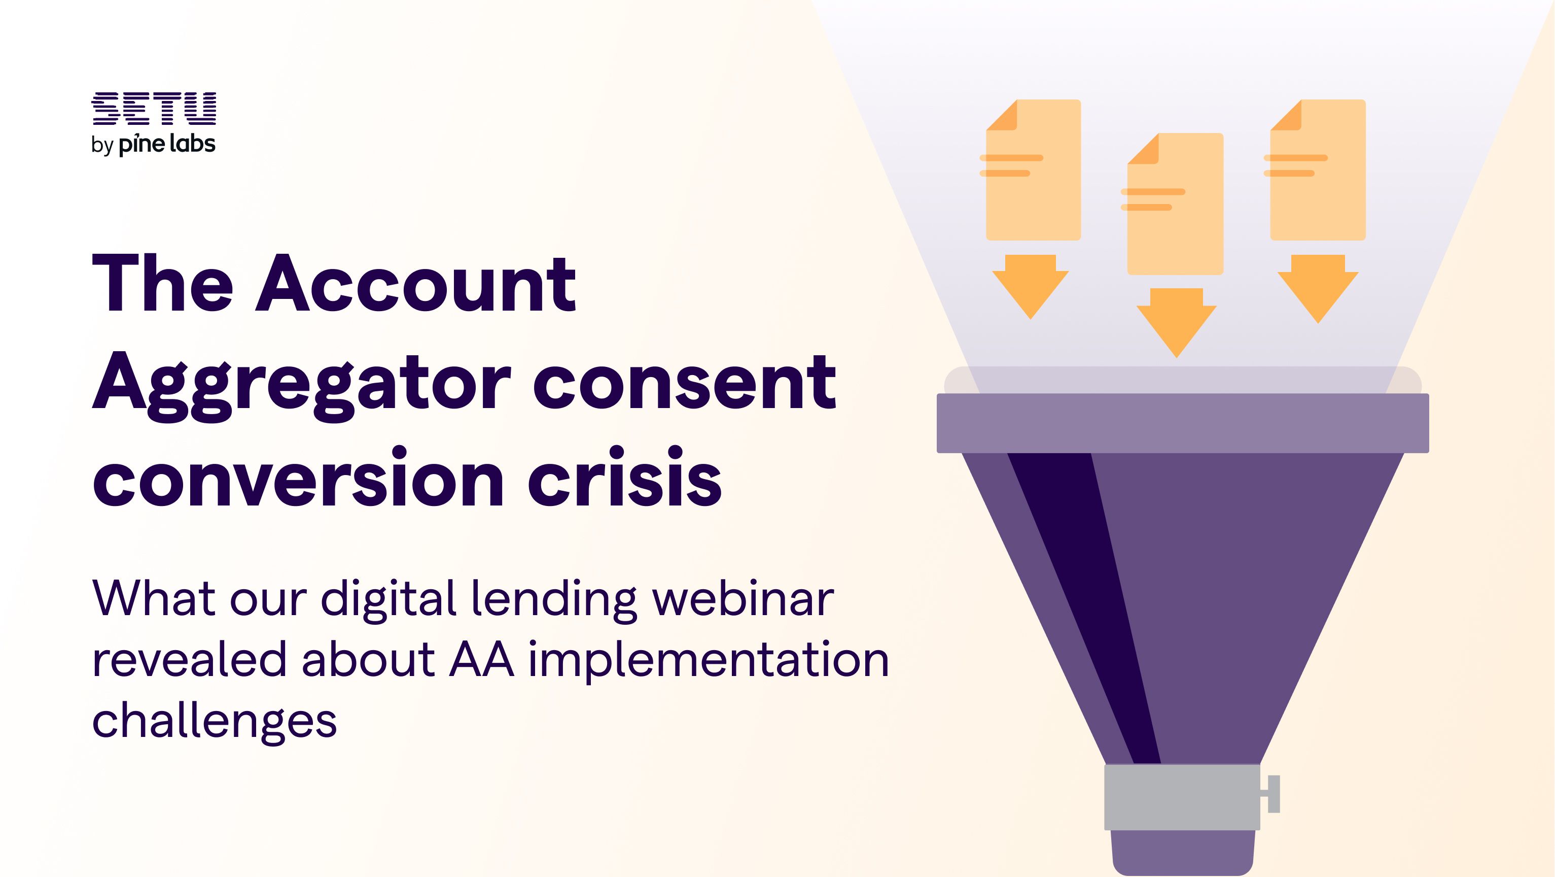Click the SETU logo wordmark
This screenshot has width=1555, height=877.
[x=153, y=109]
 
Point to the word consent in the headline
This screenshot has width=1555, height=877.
[x=685, y=382]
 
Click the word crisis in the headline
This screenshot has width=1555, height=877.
[x=625, y=477]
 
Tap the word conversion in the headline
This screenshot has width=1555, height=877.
[x=299, y=477]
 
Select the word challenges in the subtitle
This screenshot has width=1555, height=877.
[x=215, y=722]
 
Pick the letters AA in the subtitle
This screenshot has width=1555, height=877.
[x=482, y=660]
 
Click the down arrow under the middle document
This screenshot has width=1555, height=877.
[x=1176, y=323]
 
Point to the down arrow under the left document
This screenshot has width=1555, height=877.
[x=1031, y=287]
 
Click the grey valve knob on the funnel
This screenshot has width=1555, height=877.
[x=1273, y=794]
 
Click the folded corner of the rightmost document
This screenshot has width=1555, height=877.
[x=1286, y=115]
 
